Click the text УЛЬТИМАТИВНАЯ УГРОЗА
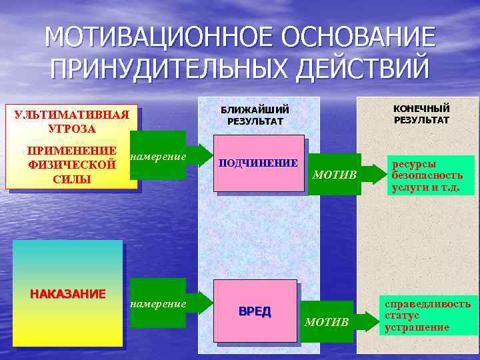tap(71, 121)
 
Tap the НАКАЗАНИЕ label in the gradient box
tap(67, 294)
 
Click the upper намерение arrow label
tap(159, 157)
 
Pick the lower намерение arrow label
tap(159, 303)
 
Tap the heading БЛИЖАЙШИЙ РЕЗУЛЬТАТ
tap(255, 115)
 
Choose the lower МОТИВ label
tap(327, 323)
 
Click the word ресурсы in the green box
tap(414, 163)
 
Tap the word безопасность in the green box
tap(427, 175)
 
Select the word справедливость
tap(427, 304)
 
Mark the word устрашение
tap(416, 327)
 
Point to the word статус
tap(402, 315)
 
